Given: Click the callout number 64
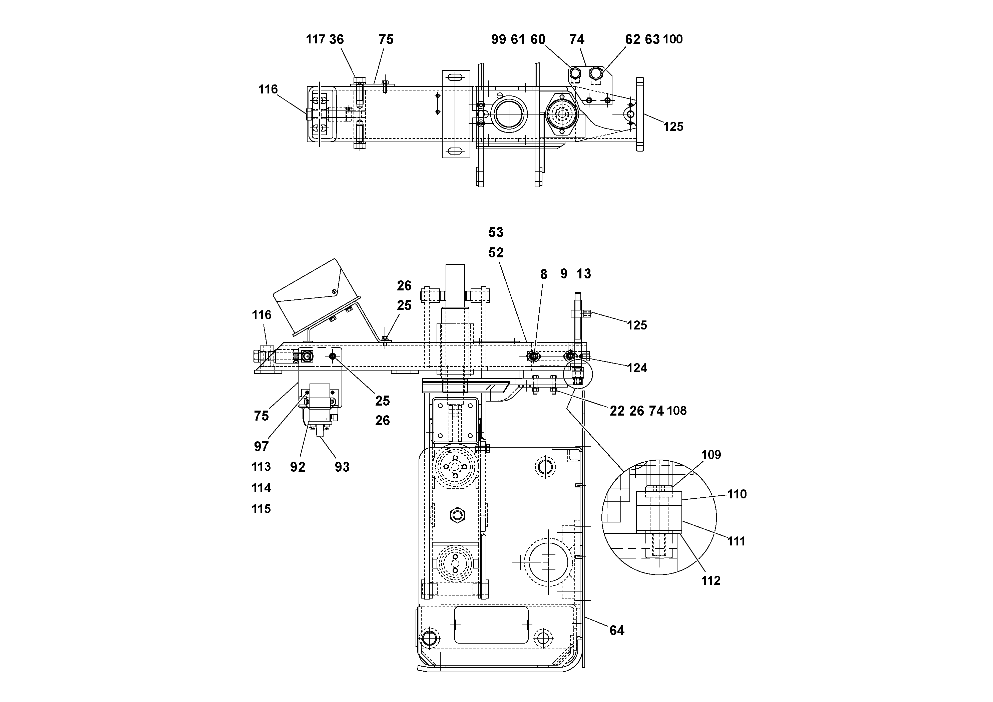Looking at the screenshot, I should tap(617, 631).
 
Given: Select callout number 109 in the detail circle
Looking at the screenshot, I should tap(711, 455).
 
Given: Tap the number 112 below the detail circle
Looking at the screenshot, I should tap(710, 581).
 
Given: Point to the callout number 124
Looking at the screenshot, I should tap(637, 368).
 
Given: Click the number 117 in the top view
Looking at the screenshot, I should tap(315, 39).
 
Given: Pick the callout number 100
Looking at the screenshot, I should tap(672, 39).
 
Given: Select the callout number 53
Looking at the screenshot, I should tap(496, 232).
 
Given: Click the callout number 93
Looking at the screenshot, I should tap(342, 467).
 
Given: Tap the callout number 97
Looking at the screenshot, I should tap(261, 446).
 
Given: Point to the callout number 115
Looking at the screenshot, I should tap(261, 509).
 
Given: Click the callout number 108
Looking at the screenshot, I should tap(677, 411).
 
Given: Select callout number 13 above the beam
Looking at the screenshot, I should tap(583, 273).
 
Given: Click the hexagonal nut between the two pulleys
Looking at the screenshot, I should tap(457, 515).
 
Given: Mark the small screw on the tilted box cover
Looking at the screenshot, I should tap(334, 291).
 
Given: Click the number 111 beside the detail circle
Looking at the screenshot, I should tap(736, 541).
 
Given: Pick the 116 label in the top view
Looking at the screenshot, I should tap(268, 89).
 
